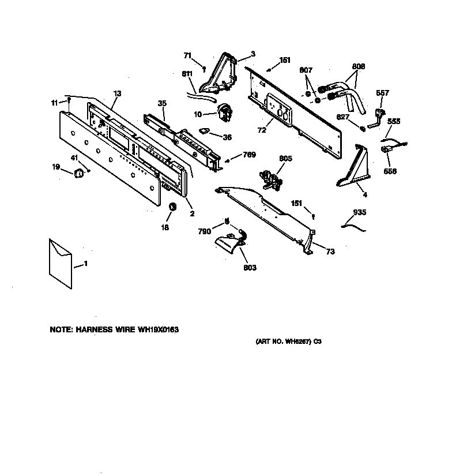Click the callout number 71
pyautogui.click(x=187, y=55)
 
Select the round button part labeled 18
pyautogui.click(x=171, y=207)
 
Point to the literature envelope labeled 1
pyautogui.click(x=60, y=262)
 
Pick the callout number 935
pyautogui.click(x=359, y=213)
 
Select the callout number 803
pyautogui.click(x=250, y=268)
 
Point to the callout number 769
pyautogui.click(x=249, y=155)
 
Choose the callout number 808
pyautogui.click(x=359, y=66)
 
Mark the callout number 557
pyautogui.click(x=382, y=93)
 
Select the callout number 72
pyautogui.click(x=262, y=130)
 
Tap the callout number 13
pyautogui.click(x=117, y=93)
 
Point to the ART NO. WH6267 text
pyautogui.click(x=287, y=342)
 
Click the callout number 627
pyautogui.click(x=343, y=117)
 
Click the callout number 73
pyautogui.click(x=330, y=251)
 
